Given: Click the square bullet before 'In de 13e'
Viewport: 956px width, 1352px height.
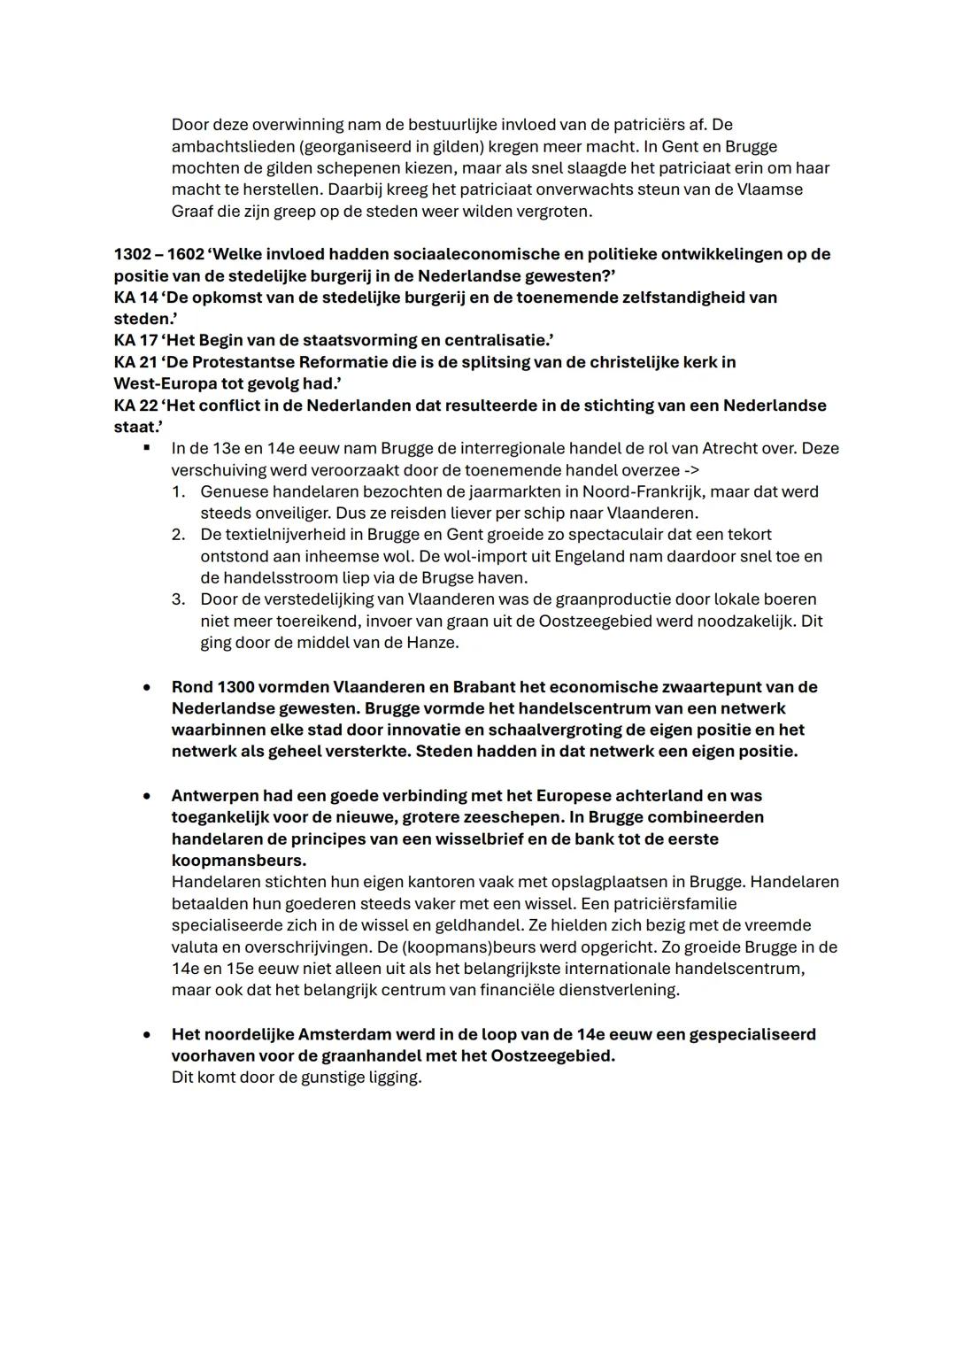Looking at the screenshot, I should pos(147,449).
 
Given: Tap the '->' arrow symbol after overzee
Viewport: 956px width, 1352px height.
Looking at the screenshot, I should pos(690,470).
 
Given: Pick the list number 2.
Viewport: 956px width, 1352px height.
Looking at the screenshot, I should pos(178,535).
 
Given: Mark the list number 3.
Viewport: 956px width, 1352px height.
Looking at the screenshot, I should pos(178,599).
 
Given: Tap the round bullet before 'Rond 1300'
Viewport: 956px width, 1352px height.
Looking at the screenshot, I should pos(147,687).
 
